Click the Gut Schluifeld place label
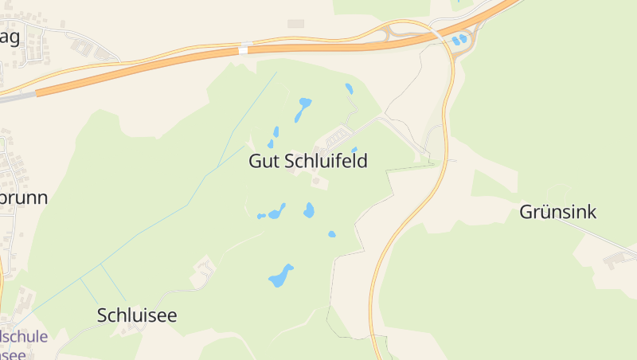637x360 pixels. (x=308, y=161)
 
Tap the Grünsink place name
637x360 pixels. (x=557, y=212)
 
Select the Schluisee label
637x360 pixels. (x=137, y=315)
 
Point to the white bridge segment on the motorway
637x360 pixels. (x=244, y=49)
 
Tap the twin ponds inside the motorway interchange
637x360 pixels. (x=459, y=38)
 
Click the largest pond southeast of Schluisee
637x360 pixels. (x=280, y=276)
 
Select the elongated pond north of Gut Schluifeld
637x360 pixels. (x=303, y=108)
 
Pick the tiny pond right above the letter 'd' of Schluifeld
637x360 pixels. (x=354, y=150)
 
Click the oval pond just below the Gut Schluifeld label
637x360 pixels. (x=309, y=210)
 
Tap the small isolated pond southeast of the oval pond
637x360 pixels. (x=332, y=234)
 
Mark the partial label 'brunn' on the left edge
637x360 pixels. (x=24, y=198)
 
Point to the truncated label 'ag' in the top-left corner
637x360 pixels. (x=10, y=37)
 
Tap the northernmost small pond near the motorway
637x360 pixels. (x=349, y=88)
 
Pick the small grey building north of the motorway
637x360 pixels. (x=296, y=24)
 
